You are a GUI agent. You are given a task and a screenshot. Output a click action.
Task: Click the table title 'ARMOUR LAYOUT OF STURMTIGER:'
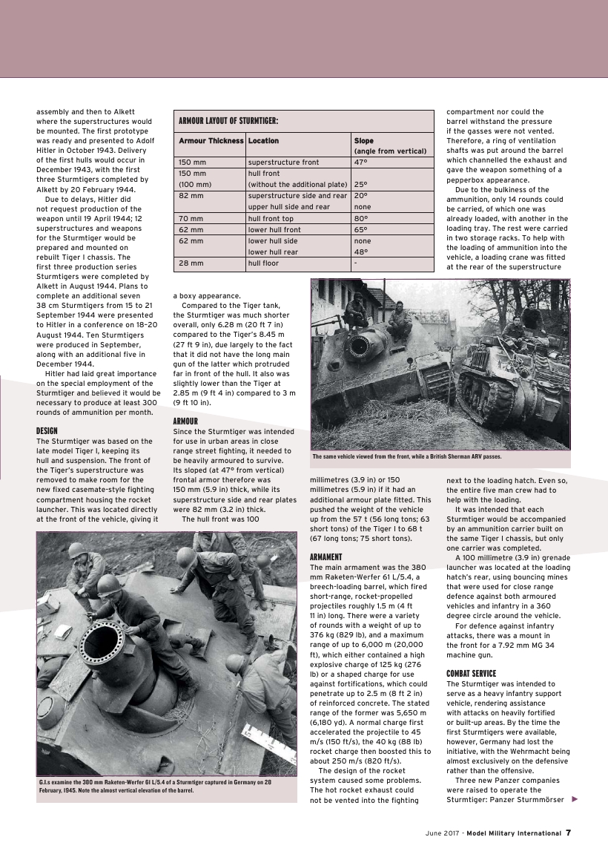click(x=228, y=121)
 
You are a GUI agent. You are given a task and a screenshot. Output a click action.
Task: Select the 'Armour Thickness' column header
click(x=211, y=140)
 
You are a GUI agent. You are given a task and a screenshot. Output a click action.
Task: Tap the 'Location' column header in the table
click(x=263, y=140)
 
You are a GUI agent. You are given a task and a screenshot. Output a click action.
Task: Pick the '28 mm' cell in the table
click(x=191, y=263)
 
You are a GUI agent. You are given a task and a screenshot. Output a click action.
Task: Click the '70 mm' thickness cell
click(x=191, y=219)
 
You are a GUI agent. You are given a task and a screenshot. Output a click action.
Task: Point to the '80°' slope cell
click(x=361, y=219)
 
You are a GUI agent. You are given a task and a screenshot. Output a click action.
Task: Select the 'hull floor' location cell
click(x=263, y=263)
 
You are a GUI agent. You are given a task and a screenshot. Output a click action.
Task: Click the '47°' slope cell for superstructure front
click(x=361, y=162)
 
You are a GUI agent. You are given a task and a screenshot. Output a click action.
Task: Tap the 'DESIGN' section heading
click(x=47, y=430)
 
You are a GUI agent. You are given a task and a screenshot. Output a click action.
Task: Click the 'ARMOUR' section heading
click(x=185, y=421)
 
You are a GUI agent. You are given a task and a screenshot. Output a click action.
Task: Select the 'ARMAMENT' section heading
click(x=326, y=557)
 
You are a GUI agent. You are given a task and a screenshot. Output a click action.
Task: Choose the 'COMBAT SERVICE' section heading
click(x=472, y=673)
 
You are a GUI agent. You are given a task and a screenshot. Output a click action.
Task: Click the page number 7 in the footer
click(x=568, y=833)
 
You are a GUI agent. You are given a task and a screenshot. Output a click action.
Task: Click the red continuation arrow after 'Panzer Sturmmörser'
click(x=575, y=799)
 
